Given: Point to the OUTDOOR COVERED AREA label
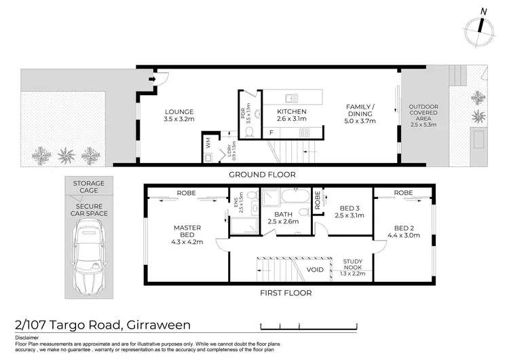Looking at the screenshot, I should [x=423, y=115].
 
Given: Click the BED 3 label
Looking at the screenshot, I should [x=350, y=212].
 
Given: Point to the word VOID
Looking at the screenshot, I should [x=315, y=270].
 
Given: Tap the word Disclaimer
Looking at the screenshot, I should [x=29, y=338].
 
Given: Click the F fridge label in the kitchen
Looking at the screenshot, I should [x=271, y=132].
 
